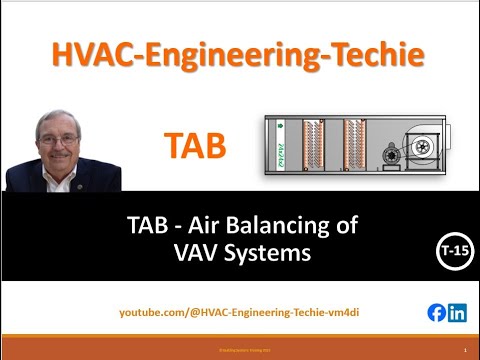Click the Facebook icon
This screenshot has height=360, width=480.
point(436,312)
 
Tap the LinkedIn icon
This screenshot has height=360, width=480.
point(457,312)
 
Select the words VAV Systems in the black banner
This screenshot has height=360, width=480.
point(240,253)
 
